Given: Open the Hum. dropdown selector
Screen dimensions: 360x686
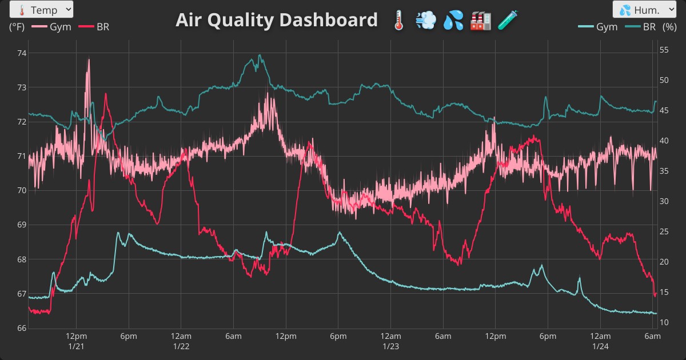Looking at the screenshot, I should pyautogui.click(x=644, y=10).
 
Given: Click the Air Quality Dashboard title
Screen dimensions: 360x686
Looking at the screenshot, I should pyautogui.click(x=277, y=20).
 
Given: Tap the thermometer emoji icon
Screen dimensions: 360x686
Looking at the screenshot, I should pyautogui.click(x=398, y=21).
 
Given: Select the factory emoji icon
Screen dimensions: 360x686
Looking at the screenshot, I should pyautogui.click(x=480, y=21).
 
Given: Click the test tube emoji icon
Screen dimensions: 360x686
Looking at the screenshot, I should pyautogui.click(x=507, y=21).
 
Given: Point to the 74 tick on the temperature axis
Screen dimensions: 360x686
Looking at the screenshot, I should pyautogui.click(x=22, y=53).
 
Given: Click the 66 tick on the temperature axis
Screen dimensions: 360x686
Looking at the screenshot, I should pyautogui.click(x=22, y=328).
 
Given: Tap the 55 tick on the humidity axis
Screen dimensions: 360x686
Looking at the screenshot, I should pyautogui.click(x=664, y=50).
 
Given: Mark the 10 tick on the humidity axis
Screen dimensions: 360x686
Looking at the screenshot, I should pyautogui.click(x=664, y=322).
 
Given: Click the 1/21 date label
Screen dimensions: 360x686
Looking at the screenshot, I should pyautogui.click(x=76, y=347).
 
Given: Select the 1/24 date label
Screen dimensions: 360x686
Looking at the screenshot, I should pyautogui.click(x=600, y=347).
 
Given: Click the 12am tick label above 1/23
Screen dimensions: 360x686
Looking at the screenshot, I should pyautogui.click(x=390, y=336).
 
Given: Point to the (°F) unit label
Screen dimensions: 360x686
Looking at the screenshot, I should pyautogui.click(x=17, y=26).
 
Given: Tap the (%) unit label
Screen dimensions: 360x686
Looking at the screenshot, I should pyautogui.click(x=669, y=26).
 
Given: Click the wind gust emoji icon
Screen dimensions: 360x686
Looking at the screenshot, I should pyautogui.click(x=425, y=21).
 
